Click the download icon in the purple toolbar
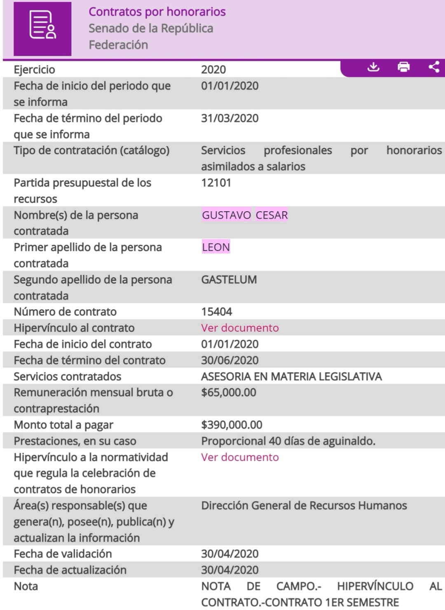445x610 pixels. click(373, 67)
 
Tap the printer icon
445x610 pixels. click(404, 67)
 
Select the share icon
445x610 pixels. click(434, 67)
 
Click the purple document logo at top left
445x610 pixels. click(42, 28)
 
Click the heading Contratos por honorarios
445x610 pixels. click(157, 12)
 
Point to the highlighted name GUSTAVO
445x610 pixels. click(226, 215)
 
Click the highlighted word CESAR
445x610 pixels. click(272, 215)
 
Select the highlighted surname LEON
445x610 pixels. click(216, 247)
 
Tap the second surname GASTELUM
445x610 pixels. click(229, 280)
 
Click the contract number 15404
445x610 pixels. click(216, 312)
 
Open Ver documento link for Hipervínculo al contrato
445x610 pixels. click(240, 328)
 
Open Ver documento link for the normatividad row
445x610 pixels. click(240, 457)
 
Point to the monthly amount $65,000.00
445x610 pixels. click(228, 393)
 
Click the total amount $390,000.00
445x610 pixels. click(232, 425)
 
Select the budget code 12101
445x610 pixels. click(216, 183)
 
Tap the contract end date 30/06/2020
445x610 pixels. click(230, 360)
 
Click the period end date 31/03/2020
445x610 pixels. click(230, 118)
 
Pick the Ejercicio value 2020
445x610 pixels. click(213, 70)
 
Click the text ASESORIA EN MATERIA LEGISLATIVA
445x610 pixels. click(291, 376)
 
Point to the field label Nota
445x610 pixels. click(26, 586)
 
